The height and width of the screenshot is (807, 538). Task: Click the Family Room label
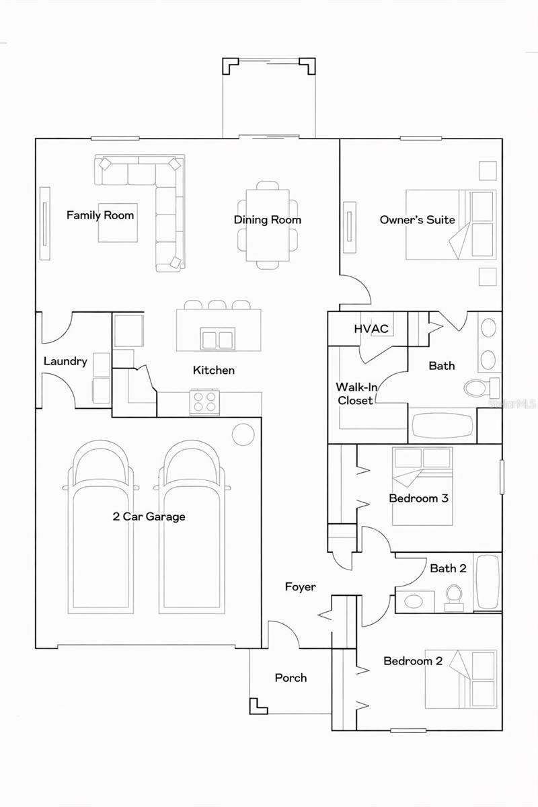tap(100, 215)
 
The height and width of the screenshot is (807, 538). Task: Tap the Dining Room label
tap(268, 220)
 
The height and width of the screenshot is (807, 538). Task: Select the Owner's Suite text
tap(417, 220)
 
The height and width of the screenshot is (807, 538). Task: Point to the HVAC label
tap(371, 329)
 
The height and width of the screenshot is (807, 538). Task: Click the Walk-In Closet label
tap(354, 393)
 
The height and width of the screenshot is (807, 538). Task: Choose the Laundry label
tap(65, 361)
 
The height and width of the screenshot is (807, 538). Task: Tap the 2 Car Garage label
tap(149, 516)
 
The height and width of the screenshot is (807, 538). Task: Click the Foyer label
tap(300, 587)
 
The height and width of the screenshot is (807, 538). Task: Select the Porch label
tap(291, 678)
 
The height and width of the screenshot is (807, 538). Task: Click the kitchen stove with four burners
tap(205, 401)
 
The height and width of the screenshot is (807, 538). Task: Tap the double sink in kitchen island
tap(217, 338)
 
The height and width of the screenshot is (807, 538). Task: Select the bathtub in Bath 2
tap(488, 582)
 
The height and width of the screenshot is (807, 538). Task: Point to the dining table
tap(268, 225)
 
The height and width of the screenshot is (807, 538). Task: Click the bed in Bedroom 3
tap(422, 486)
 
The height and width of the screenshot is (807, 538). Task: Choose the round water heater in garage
tap(243, 434)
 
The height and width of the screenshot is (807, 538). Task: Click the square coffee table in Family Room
tap(118, 223)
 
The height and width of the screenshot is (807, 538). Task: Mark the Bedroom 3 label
tap(418, 499)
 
